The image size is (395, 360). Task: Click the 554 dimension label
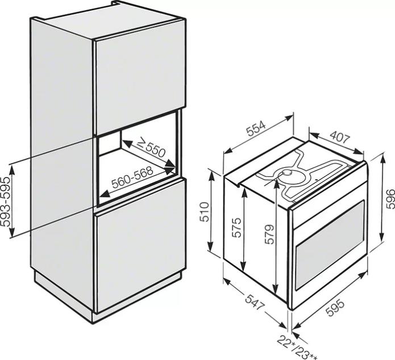[256, 129]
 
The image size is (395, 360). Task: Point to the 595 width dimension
[335, 307]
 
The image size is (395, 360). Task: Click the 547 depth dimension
[255, 302]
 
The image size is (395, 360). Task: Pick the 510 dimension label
[205, 212]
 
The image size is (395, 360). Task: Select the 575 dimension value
[237, 227]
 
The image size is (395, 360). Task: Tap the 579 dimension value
[269, 234]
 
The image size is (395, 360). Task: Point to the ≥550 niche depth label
[151, 148]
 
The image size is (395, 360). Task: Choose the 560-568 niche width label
[132, 177]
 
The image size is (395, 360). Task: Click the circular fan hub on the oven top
[287, 173]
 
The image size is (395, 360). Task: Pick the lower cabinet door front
[140, 246]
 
